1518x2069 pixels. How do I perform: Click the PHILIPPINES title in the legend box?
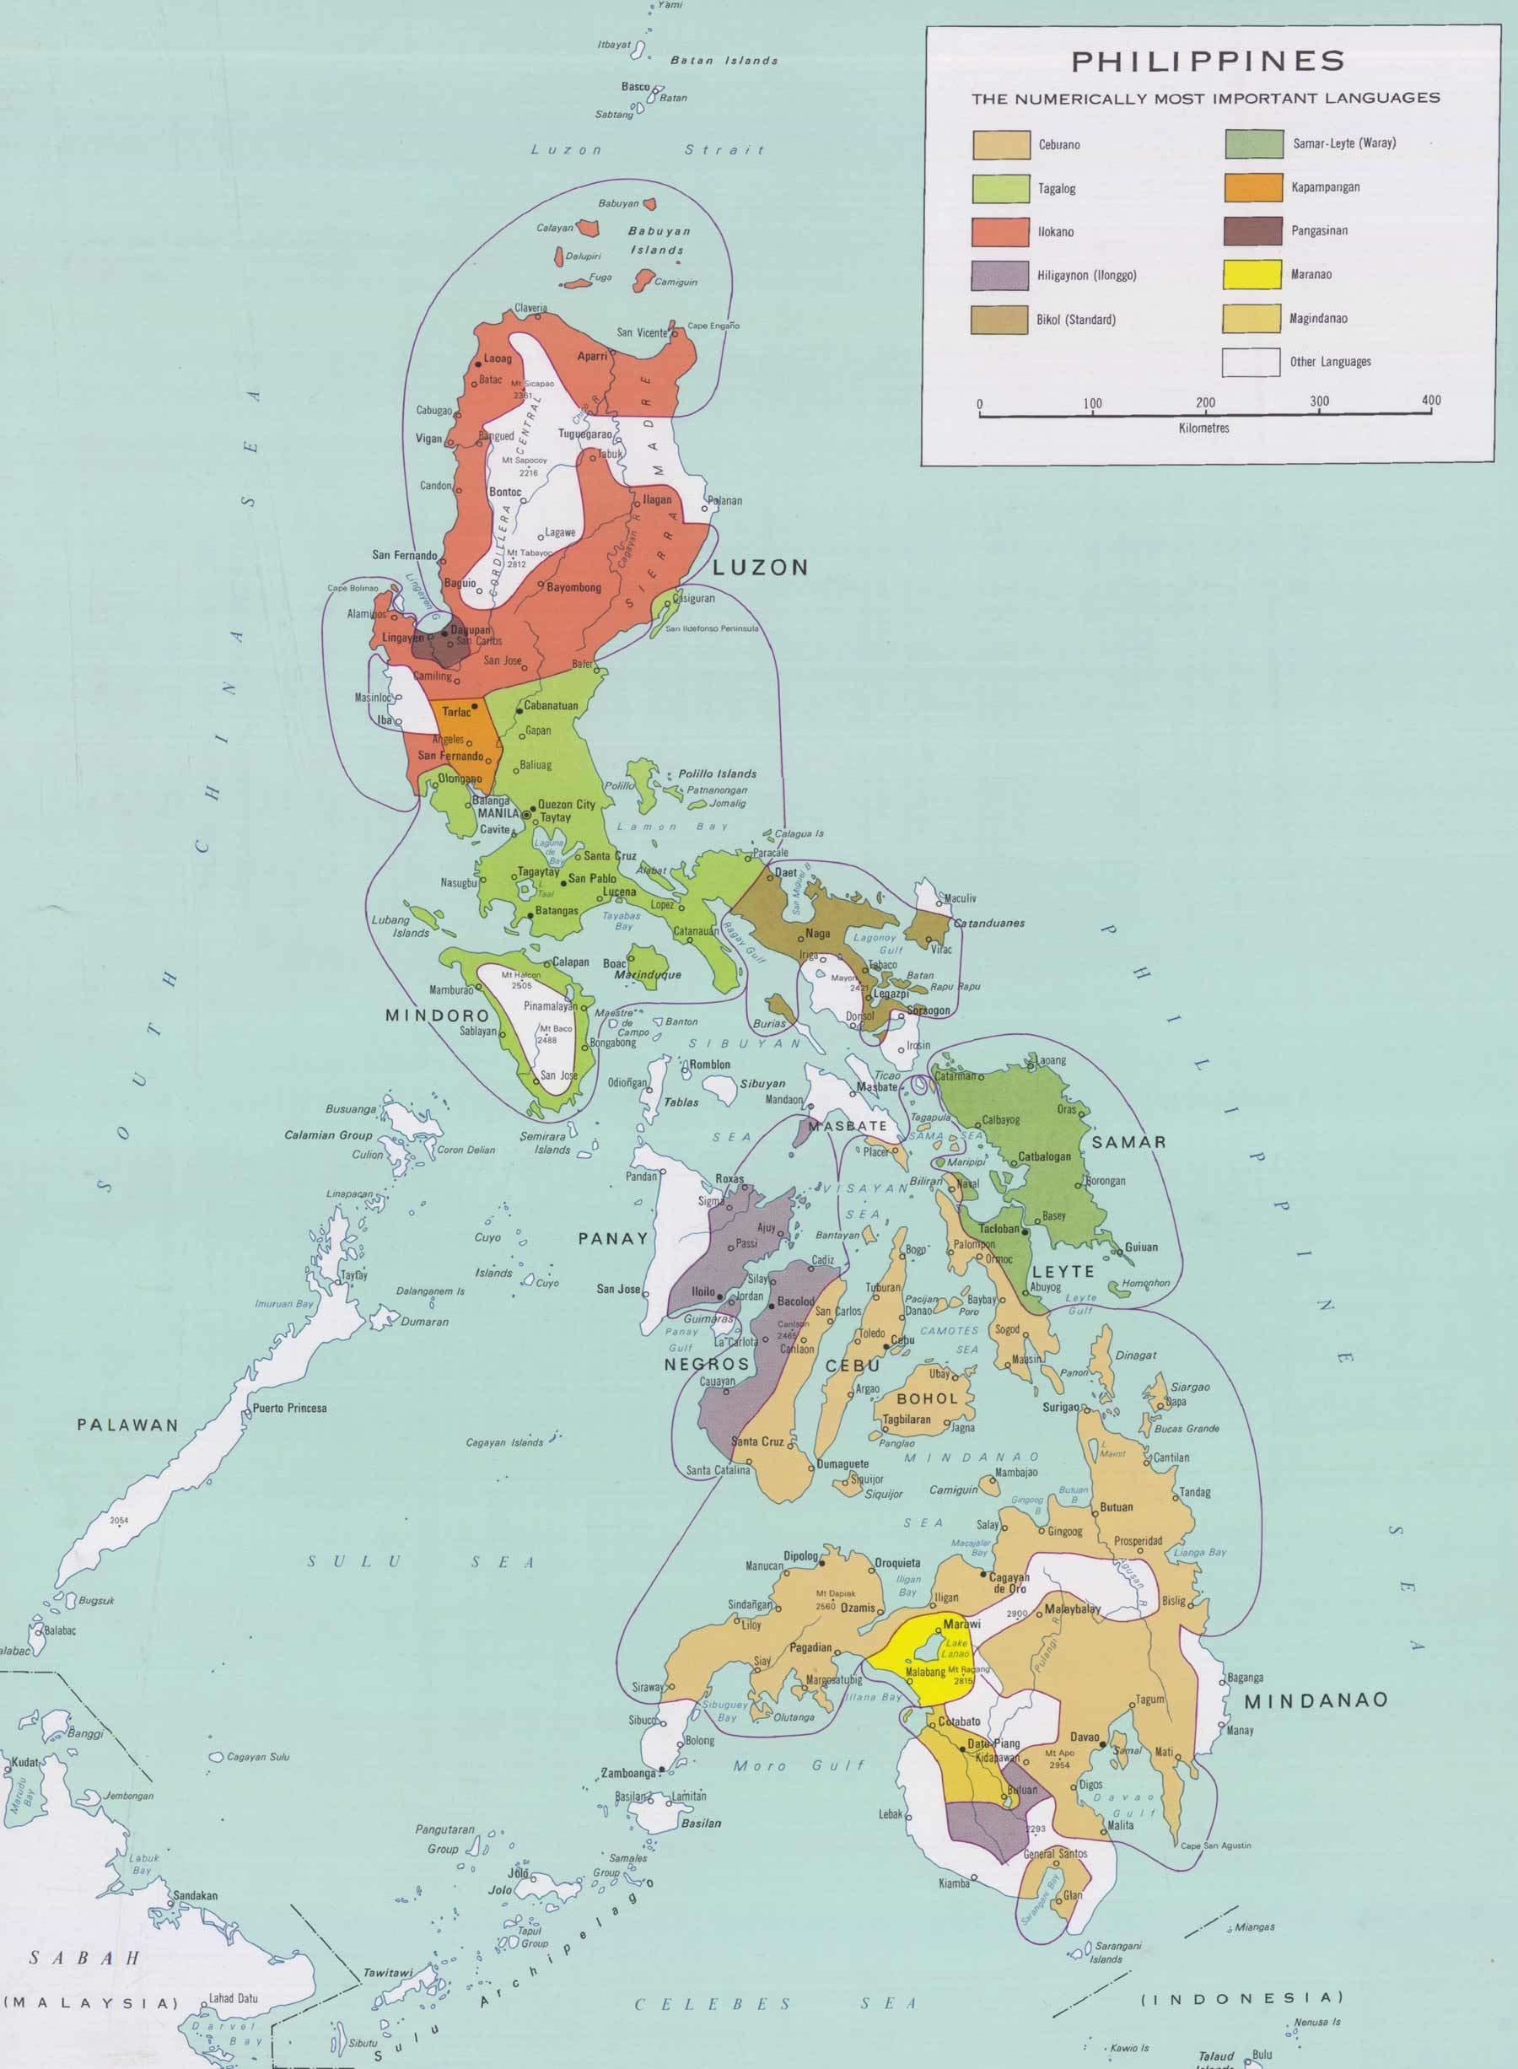1208,62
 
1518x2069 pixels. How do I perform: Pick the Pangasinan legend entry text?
1319,231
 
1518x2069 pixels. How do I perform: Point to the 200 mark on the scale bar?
1204,401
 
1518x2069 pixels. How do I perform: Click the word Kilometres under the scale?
1203,428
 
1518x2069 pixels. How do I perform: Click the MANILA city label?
499,813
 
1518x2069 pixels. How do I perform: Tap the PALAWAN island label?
127,1425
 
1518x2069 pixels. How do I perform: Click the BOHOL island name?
927,1398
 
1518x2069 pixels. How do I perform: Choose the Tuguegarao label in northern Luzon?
584,433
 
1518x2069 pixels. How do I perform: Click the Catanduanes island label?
988,923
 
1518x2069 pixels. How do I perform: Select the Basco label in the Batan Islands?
635,88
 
